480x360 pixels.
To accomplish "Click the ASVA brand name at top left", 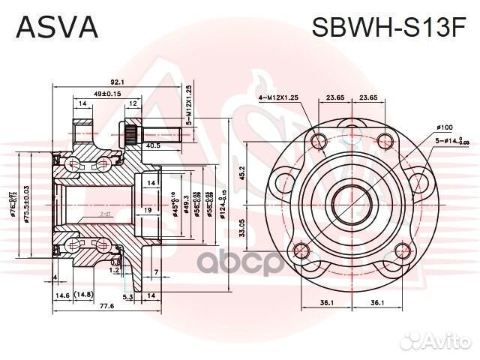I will click(x=57, y=27).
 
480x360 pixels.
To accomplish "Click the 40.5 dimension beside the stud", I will click(x=153, y=145).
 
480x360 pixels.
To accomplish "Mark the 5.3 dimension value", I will click(x=127, y=296).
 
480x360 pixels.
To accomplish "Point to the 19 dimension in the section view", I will click(x=149, y=211).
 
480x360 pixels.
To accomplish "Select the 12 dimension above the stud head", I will click(x=132, y=104).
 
